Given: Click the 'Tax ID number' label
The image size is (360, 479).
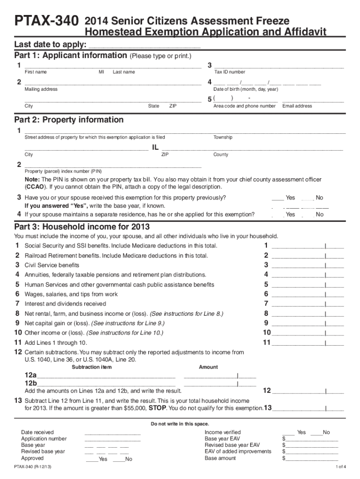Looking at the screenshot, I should (x=230, y=72).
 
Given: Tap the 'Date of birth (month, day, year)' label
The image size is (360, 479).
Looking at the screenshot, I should (x=245, y=89).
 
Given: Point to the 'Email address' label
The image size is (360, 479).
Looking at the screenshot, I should (x=297, y=106).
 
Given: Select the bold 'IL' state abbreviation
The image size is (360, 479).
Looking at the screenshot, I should (x=156, y=148).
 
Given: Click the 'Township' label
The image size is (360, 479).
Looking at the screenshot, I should (x=223, y=138).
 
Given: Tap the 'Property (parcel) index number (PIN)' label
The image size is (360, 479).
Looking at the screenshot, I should (x=63, y=171).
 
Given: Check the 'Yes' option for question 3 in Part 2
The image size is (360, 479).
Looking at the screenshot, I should (x=278, y=198).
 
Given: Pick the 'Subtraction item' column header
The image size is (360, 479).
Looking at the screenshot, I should (x=92, y=367).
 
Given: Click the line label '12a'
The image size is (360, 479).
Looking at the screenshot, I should (x=30, y=376).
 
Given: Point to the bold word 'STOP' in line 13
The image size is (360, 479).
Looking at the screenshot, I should (x=156, y=408).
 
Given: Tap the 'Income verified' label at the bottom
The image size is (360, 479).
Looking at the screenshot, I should (x=223, y=432).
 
